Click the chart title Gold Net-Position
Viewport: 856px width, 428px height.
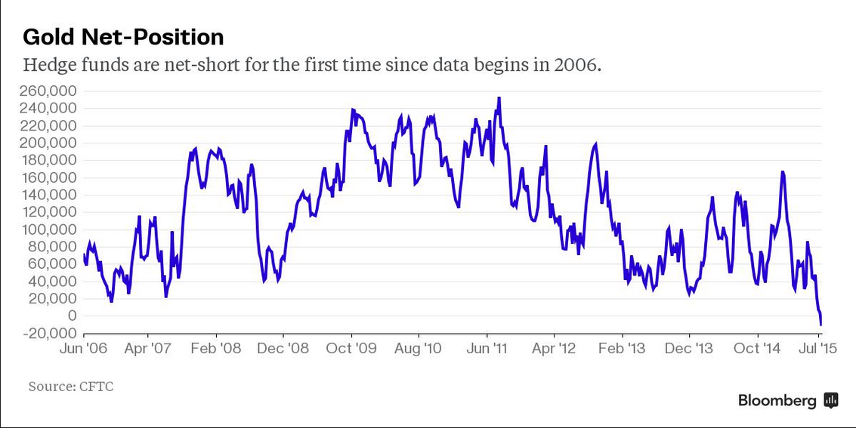pyautogui.click(x=123, y=37)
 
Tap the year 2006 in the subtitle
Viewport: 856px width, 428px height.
pyautogui.click(x=579, y=65)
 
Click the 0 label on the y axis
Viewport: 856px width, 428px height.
pyautogui.click(x=72, y=316)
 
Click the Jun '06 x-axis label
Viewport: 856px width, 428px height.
pyautogui.click(x=84, y=349)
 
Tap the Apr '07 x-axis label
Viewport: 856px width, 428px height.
pyautogui.click(x=148, y=349)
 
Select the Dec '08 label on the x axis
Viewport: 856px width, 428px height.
pyautogui.click(x=283, y=349)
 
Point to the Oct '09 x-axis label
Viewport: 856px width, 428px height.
pyautogui.click(x=351, y=349)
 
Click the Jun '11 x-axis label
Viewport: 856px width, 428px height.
pyautogui.click(x=487, y=349)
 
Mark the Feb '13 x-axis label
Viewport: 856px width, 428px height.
pyautogui.click(x=622, y=349)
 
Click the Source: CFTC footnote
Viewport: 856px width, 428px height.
pyautogui.click(x=71, y=386)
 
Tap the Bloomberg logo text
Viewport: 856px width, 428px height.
pyautogui.click(x=777, y=401)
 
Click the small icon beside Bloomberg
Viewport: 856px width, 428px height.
pyautogui.click(x=831, y=401)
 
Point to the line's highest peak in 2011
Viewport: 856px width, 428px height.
pyautogui.click(x=499, y=98)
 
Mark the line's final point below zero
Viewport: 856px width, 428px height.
pyautogui.click(x=821, y=325)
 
